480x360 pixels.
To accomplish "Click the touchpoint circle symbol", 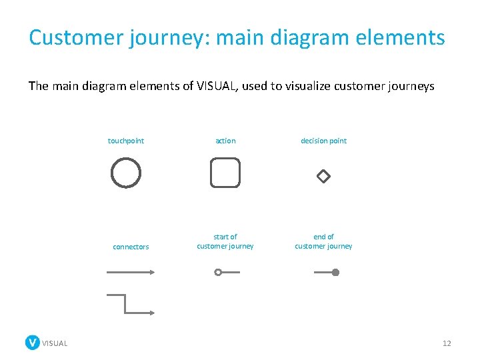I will pyautogui.click(x=126, y=173).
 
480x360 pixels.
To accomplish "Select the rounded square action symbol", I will pyautogui.click(x=225, y=173).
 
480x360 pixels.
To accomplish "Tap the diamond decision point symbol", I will pyautogui.click(x=323, y=177).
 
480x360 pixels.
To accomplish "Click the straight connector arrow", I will pyautogui.click(x=131, y=272).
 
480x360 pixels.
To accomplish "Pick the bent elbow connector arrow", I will pyautogui.click(x=131, y=304).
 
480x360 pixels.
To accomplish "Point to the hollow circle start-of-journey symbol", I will pyautogui.click(x=218, y=272).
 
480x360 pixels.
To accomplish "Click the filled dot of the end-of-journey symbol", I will pyautogui.click(x=336, y=272).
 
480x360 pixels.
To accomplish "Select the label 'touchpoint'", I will pyautogui.click(x=126, y=141).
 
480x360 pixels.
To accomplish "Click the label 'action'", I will pyautogui.click(x=225, y=141).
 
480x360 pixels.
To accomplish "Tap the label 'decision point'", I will pyautogui.click(x=323, y=141).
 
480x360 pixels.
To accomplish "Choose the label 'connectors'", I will pyautogui.click(x=131, y=247).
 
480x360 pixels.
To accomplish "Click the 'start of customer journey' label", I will pyautogui.click(x=225, y=241).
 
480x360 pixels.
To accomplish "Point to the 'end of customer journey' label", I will pyautogui.click(x=323, y=241).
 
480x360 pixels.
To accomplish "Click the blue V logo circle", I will pyautogui.click(x=33, y=343).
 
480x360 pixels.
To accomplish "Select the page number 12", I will pyautogui.click(x=447, y=343).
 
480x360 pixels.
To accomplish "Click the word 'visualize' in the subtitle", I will pyautogui.click(x=307, y=86).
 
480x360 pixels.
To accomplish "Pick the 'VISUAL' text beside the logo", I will pyautogui.click(x=55, y=343).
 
